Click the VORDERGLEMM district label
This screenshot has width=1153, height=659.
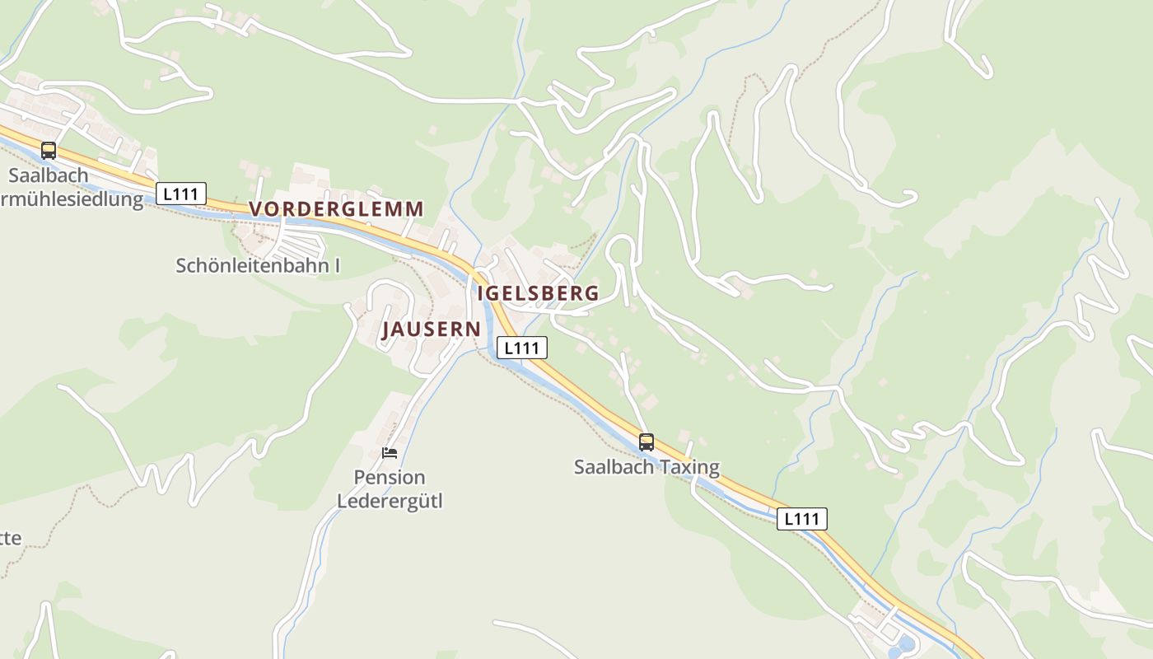coord(336,209)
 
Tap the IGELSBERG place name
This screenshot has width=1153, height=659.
coord(538,293)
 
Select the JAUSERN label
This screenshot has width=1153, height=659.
coord(431,329)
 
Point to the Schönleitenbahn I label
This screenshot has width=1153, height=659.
coord(258,266)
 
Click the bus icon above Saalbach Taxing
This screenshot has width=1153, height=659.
coord(647,442)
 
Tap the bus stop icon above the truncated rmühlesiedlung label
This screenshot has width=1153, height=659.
coord(49,151)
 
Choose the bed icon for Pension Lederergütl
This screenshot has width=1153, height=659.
coord(390,453)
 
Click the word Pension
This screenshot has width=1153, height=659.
coord(390,478)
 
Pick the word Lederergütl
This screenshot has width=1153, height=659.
coord(390,500)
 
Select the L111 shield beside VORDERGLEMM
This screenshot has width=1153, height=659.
coord(181,194)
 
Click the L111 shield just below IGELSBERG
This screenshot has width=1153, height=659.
coord(522,348)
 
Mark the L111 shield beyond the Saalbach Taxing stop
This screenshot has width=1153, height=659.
coord(801,519)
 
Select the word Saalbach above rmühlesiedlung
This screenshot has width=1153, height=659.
coord(49,175)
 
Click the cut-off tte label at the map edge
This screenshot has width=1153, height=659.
coord(10,539)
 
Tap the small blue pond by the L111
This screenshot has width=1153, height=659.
coord(905,643)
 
